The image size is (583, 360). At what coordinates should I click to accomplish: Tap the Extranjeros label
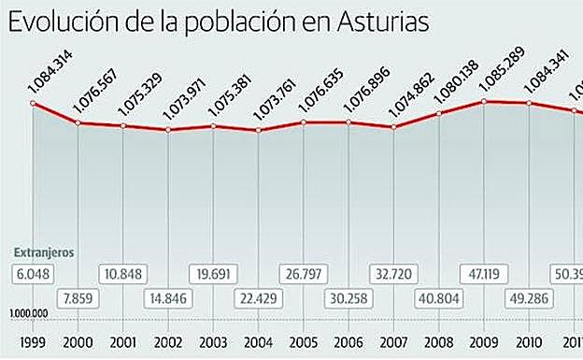pos(44,252)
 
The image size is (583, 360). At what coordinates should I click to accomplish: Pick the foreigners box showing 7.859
pos(78,298)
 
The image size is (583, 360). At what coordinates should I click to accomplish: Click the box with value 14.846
pos(169,298)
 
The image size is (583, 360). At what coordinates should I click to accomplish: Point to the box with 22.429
pos(258,298)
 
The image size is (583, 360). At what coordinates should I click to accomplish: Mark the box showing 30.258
pos(348,298)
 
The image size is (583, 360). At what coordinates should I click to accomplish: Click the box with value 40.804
pos(439,298)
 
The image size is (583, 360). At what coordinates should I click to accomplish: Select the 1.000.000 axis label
pos(30,313)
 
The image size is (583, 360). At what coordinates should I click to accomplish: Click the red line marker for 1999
pos(34,103)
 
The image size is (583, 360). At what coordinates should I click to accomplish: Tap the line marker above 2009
pos(484,101)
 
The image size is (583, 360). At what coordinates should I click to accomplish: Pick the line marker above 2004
pos(259,130)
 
